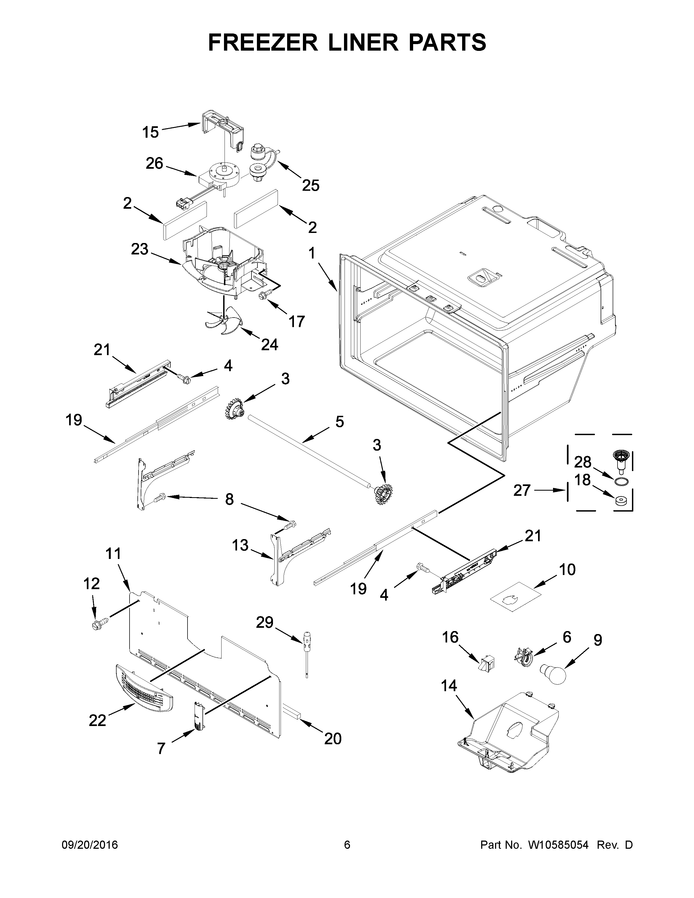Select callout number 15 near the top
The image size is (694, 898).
tap(151, 133)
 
